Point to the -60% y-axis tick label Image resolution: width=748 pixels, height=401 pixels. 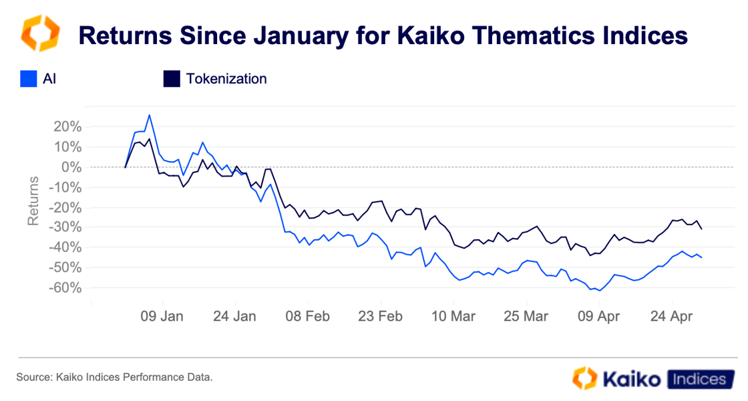click(x=63, y=287)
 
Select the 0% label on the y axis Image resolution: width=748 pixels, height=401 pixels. click(x=69, y=166)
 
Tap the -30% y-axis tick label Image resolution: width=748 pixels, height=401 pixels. click(x=63, y=227)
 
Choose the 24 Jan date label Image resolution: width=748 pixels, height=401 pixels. click(x=235, y=316)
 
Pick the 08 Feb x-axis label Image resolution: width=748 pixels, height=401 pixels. click(x=308, y=316)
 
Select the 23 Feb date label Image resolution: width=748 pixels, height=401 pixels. click(x=380, y=316)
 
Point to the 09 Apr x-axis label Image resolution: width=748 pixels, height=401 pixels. click(x=598, y=316)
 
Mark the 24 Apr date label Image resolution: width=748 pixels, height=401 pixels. click(x=671, y=316)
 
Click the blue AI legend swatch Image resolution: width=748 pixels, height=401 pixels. click(x=28, y=79)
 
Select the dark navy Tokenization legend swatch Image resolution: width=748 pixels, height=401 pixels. click(x=172, y=79)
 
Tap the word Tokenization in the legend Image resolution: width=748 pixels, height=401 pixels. click(x=226, y=79)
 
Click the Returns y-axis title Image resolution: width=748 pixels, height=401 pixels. click(x=33, y=200)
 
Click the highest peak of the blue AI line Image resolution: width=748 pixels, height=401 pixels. click(x=149, y=115)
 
